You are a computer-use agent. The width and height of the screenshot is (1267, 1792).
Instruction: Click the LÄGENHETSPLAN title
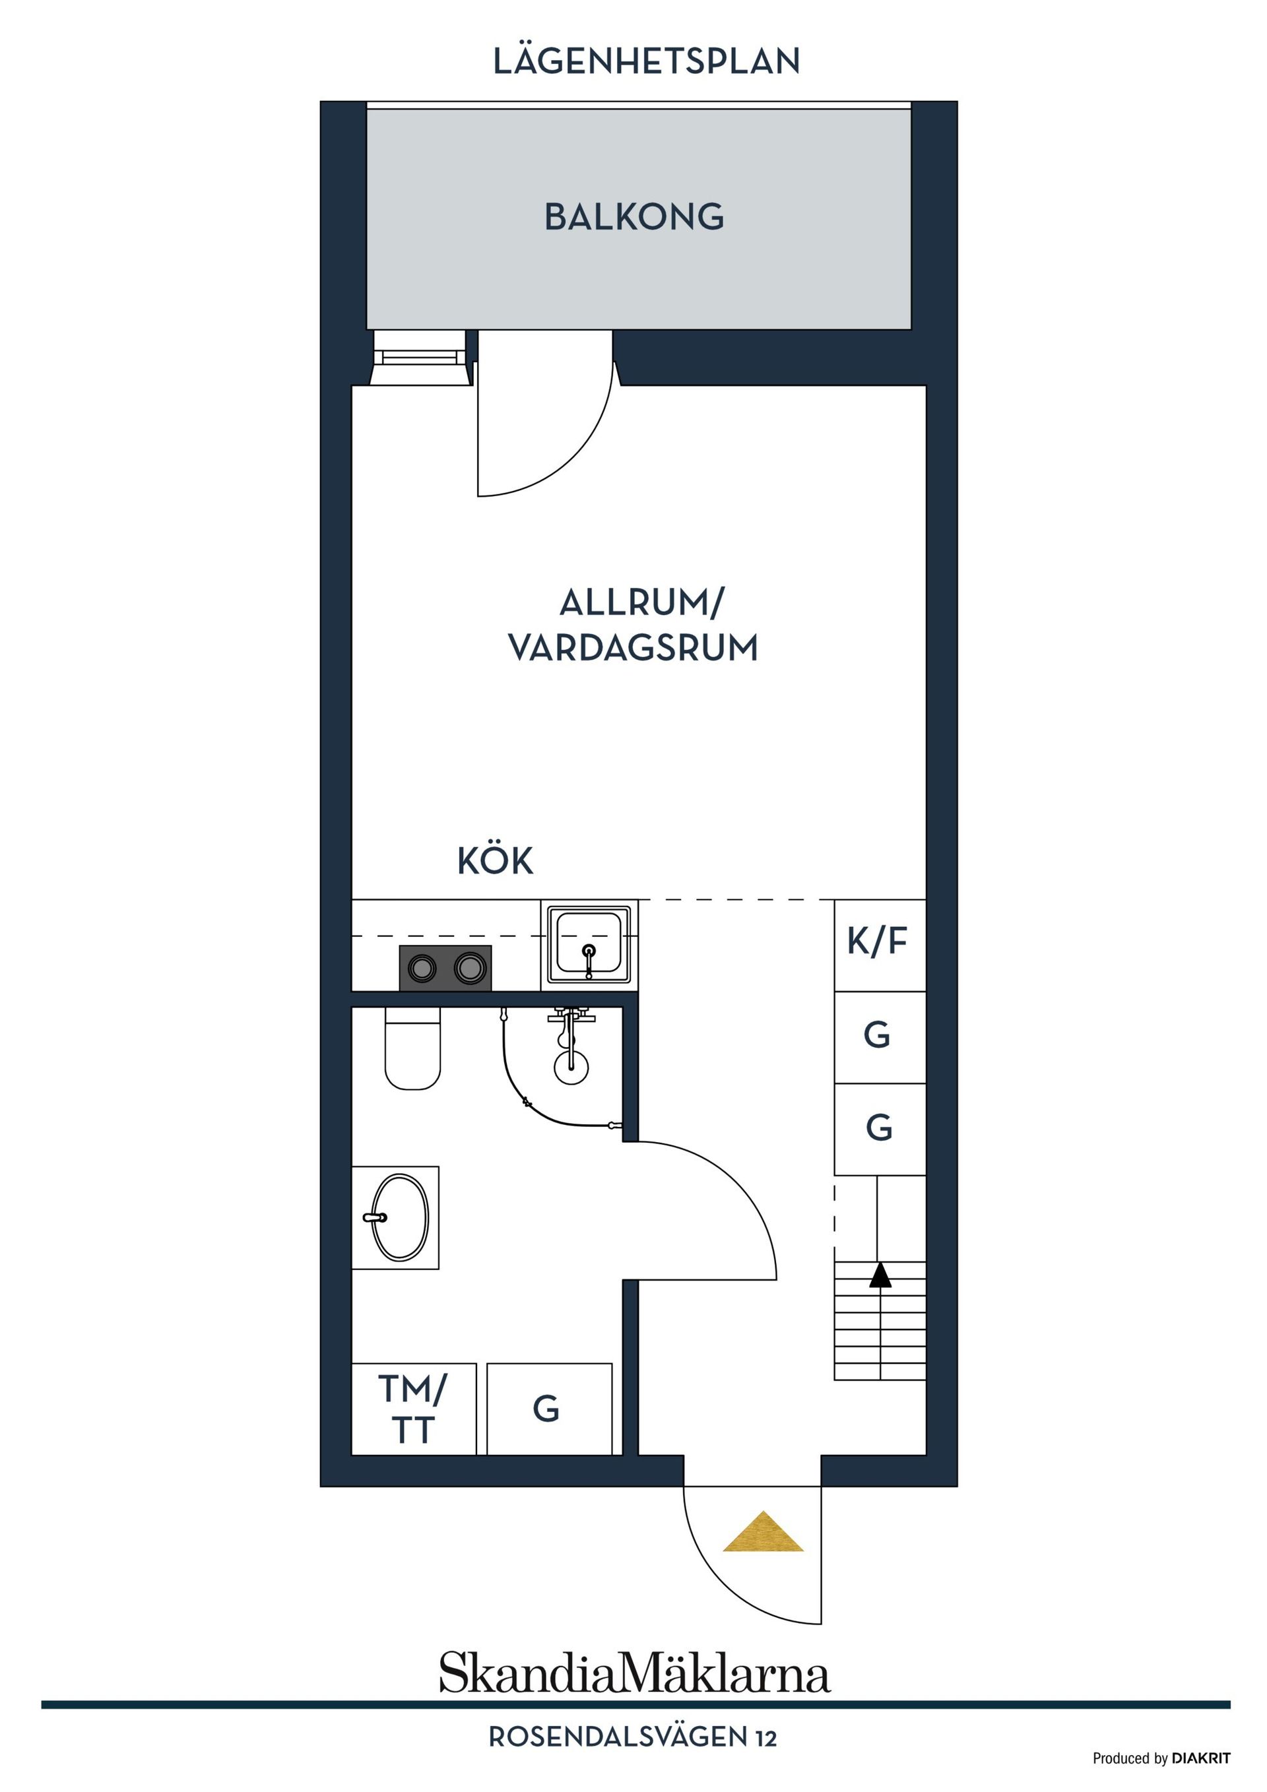click(x=647, y=61)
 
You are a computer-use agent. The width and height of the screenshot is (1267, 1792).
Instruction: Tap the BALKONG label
click(x=634, y=217)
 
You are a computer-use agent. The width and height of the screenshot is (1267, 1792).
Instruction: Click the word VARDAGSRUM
click(x=633, y=647)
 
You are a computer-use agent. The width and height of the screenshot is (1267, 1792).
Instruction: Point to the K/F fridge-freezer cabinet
click(x=880, y=945)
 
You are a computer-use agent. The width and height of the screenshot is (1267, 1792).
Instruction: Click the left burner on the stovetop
click(x=422, y=969)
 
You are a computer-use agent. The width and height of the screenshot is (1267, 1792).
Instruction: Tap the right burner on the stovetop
click(x=470, y=969)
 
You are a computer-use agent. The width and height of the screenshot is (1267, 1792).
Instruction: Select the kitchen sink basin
click(x=589, y=944)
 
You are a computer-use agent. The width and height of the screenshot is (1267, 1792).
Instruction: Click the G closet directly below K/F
click(x=880, y=1037)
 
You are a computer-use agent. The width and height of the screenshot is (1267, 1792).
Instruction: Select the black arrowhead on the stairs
click(x=880, y=1275)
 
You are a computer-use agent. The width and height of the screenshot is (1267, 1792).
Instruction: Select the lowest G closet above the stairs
click(x=880, y=1130)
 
